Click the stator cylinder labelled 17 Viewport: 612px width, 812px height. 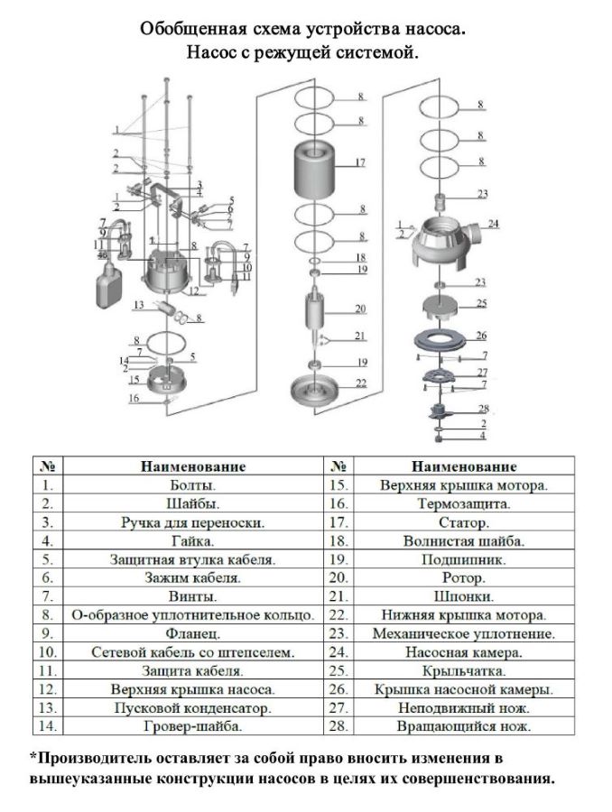point(314,169)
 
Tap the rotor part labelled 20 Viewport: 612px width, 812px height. point(314,312)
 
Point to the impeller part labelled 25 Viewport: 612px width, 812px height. point(440,307)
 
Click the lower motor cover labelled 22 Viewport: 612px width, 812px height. point(314,391)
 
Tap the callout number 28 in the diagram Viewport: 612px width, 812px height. point(483,409)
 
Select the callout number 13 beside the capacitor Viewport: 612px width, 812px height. point(138,305)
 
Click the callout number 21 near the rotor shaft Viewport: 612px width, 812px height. point(359,336)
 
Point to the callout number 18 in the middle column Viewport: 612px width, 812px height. point(361,257)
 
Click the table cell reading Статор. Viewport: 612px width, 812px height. point(464,522)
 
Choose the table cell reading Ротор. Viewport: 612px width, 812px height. point(464,577)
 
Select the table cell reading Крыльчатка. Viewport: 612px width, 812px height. point(464,670)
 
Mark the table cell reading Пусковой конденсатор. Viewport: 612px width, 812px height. point(193,707)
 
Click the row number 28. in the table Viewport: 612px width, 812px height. point(338,726)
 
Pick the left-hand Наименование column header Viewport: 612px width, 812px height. point(193,466)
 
